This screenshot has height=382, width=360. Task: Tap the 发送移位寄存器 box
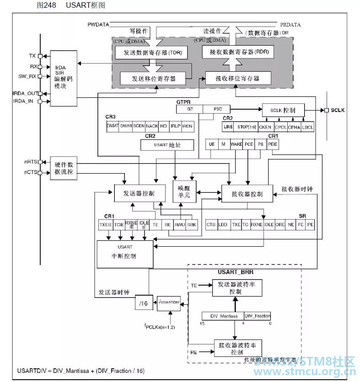pyautogui.click(x=154, y=78)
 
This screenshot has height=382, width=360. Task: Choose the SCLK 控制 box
pyautogui.click(x=282, y=110)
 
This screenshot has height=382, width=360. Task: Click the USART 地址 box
pyautogui.click(x=167, y=145)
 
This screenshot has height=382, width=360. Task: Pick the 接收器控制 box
pyautogui.click(x=247, y=194)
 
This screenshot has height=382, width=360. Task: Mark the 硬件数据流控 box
pyautogui.click(x=64, y=168)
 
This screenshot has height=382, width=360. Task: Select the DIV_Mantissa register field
pyautogui.click(x=223, y=316)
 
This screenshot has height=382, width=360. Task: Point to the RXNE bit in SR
pyautogui.click(x=257, y=224)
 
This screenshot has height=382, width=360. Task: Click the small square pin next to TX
pyautogui.click(x=40, y=56)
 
